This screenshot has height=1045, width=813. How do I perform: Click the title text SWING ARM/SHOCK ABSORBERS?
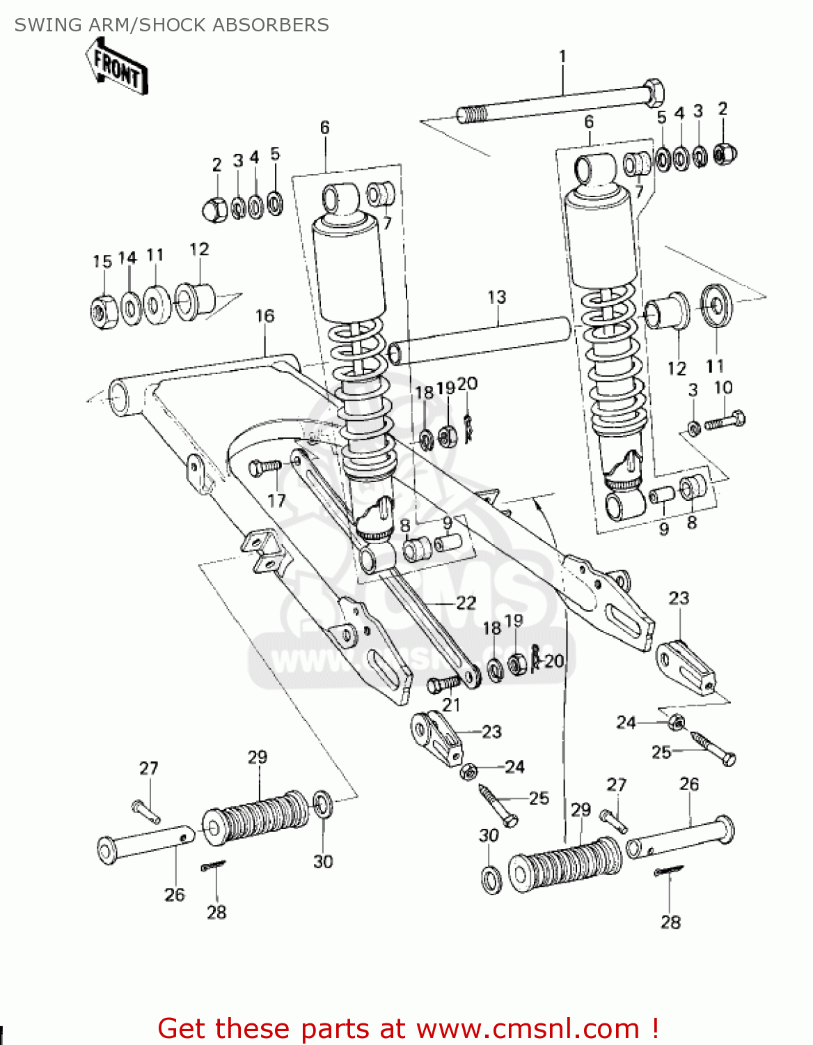click(171, 25)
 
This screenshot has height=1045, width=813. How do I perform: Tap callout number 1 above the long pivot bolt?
click(562, 56)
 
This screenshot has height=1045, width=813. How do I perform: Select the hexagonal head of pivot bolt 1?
click(652, 93)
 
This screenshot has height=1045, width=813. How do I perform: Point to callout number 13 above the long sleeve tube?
click(496, 297)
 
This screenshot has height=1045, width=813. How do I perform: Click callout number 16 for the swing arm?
click(265, 316)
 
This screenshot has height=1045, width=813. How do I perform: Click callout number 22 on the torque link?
click(466, 603)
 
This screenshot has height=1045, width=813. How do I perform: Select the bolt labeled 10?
click(725, 421)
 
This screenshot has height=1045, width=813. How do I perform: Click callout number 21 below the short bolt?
click(451, 705)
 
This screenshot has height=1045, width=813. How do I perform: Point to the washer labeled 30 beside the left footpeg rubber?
click(323, 805)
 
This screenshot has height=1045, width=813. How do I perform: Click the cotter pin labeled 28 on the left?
click(213, 866)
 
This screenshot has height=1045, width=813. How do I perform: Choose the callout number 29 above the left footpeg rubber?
click(258, 757)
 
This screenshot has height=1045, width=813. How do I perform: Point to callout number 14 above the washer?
click(127, 258)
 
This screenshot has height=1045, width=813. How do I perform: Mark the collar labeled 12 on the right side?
click(666, 311)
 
